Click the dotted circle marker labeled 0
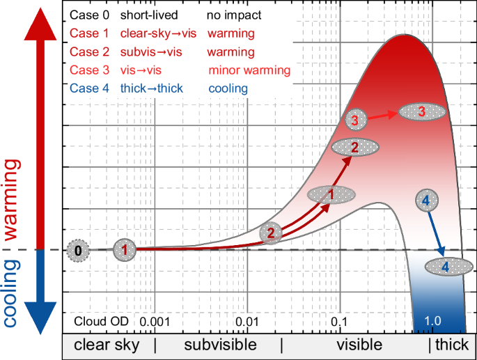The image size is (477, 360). pos(79,250)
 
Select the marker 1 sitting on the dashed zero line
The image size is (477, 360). pos(125,249)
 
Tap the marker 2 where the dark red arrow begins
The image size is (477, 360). pos(272,233)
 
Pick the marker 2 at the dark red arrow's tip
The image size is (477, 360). pos(355,147)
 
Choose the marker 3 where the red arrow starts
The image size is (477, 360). pos(356,120)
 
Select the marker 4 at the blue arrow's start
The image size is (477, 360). pos(426,201)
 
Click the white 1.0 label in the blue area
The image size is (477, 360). pos(434,321)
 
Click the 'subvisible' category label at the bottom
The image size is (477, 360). pos(219,345)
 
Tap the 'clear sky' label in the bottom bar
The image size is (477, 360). pos(107,345)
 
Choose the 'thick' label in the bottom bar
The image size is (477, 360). pos(452,345)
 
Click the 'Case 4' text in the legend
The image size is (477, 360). pos(90,88)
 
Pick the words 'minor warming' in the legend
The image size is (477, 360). pos(249,70)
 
